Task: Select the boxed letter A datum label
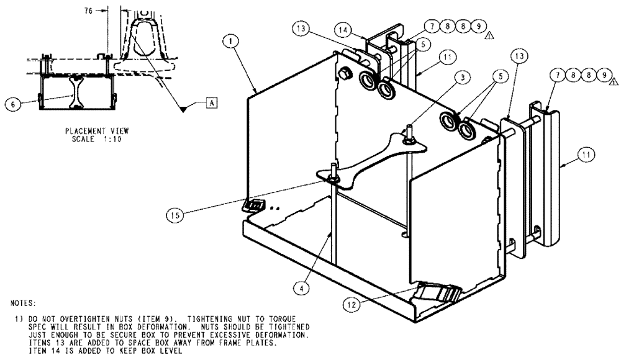(212, 104)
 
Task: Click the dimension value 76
(89, 10)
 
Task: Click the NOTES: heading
(24, 304)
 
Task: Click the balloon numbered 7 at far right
(557, 75)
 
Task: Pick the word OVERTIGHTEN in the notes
(64, 318)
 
